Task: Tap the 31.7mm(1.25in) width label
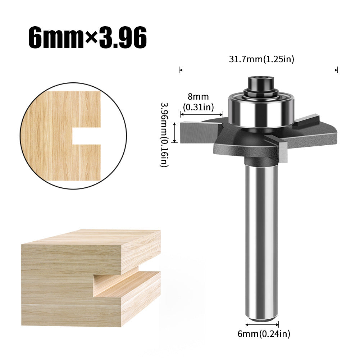[261, 59]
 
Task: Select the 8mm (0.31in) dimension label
[198, 101]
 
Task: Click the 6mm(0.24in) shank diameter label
[264, 334]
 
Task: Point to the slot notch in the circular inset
[86, 136]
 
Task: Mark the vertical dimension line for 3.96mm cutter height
[175, 132]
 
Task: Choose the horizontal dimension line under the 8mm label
[202, 114]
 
